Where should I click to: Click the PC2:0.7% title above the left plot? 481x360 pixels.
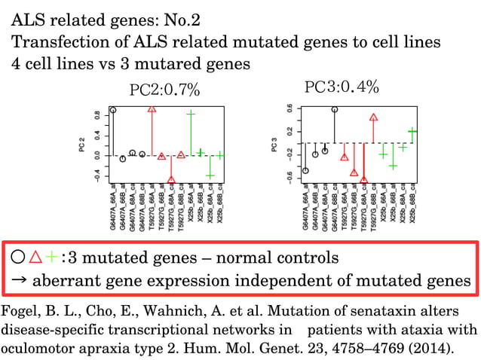164,91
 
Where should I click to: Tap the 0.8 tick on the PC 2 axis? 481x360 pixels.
97,117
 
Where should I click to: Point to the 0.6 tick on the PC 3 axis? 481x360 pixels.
289,108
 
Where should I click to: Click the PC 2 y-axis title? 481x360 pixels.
82,145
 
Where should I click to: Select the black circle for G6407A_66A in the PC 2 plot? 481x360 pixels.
113,110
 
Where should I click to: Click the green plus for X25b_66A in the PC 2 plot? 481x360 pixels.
191,114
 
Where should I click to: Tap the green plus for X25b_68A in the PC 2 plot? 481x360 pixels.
210,175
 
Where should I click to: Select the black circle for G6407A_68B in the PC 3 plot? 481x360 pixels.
335,109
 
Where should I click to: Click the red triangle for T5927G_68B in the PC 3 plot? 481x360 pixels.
374,117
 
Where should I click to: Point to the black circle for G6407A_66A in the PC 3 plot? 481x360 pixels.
305,170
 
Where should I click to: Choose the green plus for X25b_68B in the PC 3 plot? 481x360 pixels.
412,131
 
